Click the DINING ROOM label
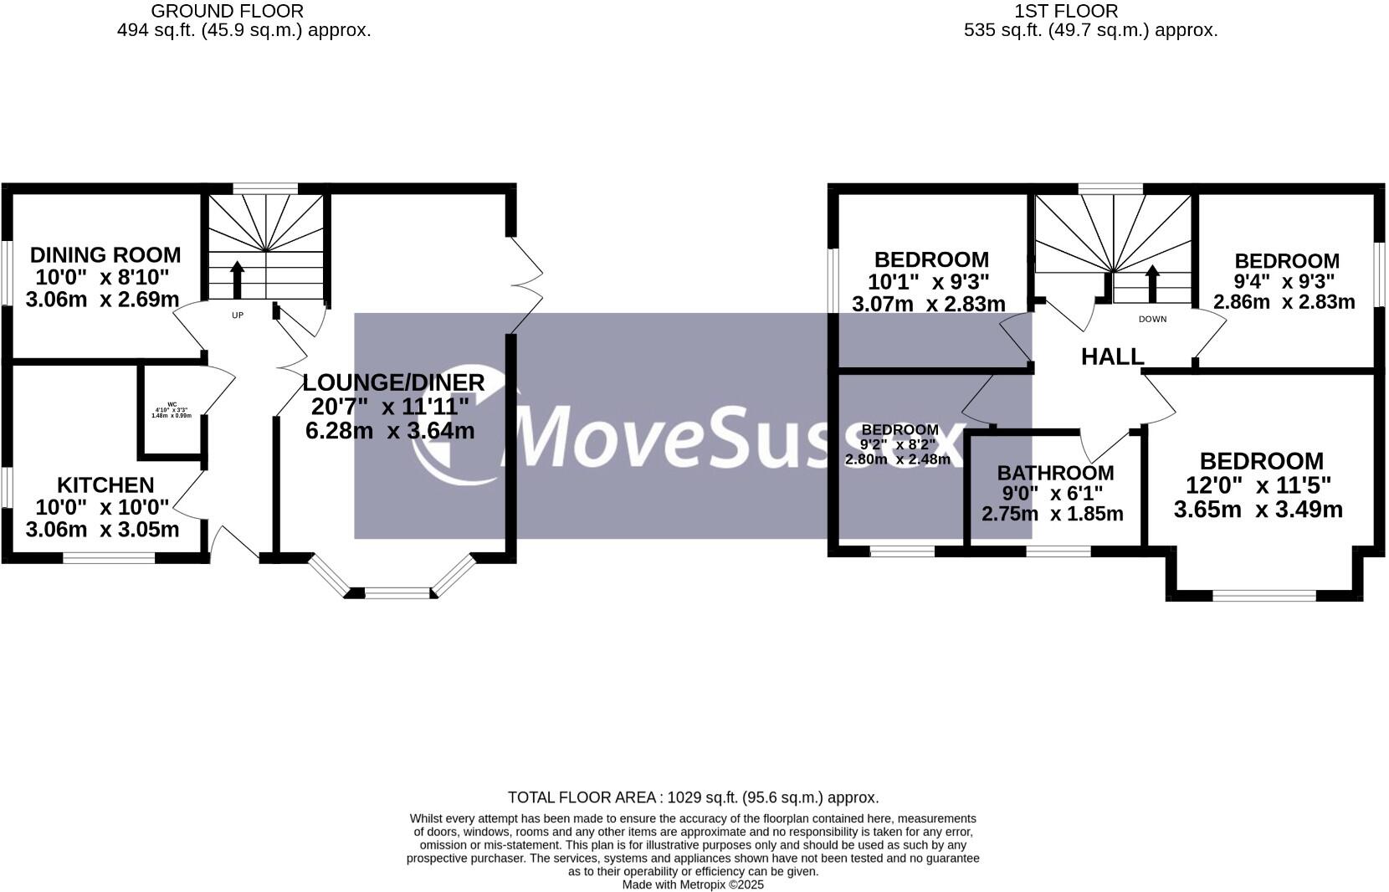click(x=105, y=254)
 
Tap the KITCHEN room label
click(x=105, y=484)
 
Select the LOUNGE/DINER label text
click(x=393, y=382)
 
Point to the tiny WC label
click(x=172, y=404)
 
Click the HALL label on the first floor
click(x=1112, y=356)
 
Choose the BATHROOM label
click(x=1055, y=473)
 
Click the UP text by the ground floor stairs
click(x=238, y=315)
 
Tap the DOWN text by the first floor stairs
click(x=1152, y=319)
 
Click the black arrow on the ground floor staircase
click(x=237, y=279)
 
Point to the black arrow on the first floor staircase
click(x=1152, y=283)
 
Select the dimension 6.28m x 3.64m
click(x=390, y=431)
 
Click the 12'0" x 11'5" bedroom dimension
click(x=1258, y=485)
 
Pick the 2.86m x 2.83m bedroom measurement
click(x=1284, y=302)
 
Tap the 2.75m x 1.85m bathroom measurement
click(x=1052, y=514)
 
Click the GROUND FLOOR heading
click(x=228, y=11)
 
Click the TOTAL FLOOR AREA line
click(x=693, y=797)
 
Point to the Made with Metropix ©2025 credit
click(x=693, y=884)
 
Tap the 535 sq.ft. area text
click(x=1090, y=30)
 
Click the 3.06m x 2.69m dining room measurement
click(x=102, y=299)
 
